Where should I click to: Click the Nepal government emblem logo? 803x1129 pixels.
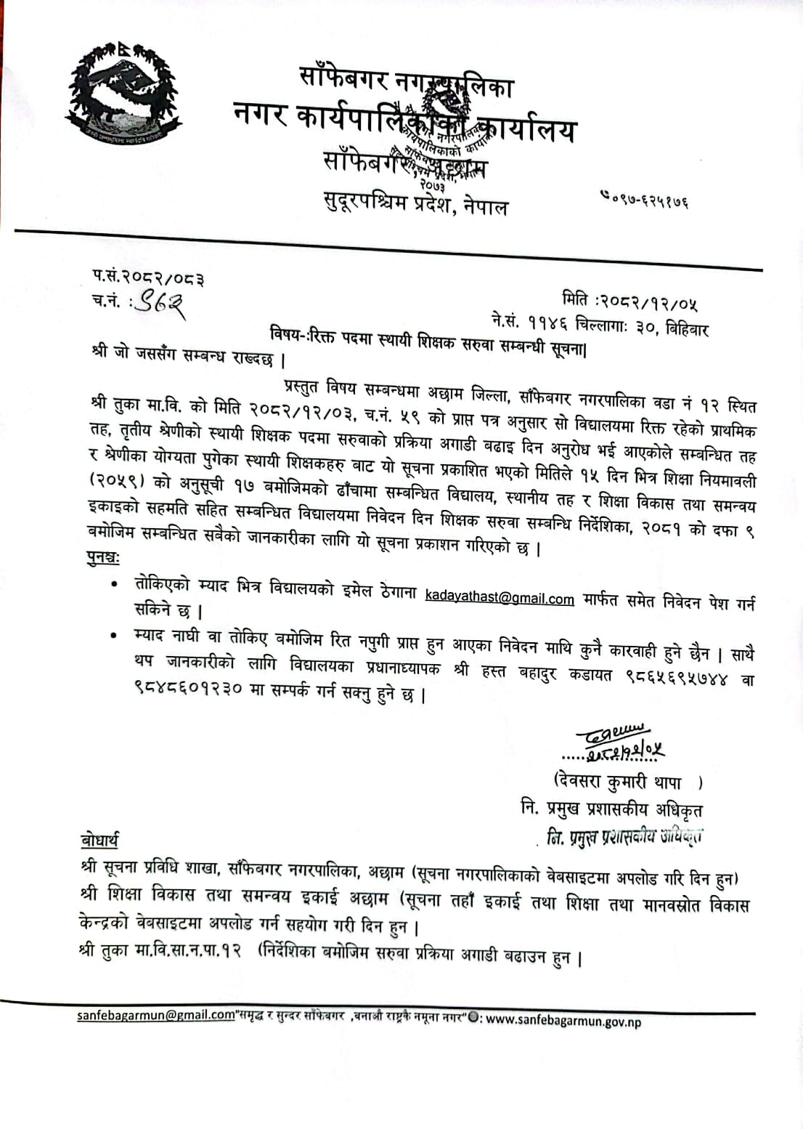click(x=121, y=93)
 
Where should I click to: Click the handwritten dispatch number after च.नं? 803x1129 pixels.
click(x=161, y=302)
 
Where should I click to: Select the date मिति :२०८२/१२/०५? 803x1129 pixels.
click(x=629, y=299)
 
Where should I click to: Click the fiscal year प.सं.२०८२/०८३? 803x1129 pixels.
click(x=147, y=277)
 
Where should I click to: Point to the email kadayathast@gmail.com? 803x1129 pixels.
click(x=500, y=597)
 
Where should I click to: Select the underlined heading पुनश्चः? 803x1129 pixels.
click(x=104, y=559)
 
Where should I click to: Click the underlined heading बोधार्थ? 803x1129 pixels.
click(x=99, y=840)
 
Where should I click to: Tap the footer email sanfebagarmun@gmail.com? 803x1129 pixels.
click(x=156, y=1016)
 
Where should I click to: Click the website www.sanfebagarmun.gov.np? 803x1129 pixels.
click(x=564, y=1021)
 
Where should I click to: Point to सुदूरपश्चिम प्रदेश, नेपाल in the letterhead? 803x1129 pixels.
click(x=416, y=204)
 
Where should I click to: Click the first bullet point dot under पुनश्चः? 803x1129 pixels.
click(x=113, y=584)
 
